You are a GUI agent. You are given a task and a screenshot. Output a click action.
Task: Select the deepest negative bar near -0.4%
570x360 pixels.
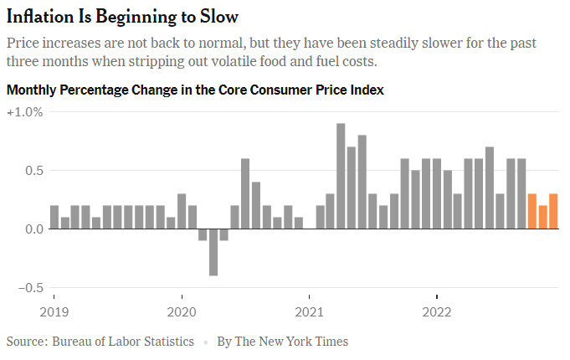coord(213,252)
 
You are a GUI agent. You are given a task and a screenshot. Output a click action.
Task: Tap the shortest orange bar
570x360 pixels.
coord(542,218)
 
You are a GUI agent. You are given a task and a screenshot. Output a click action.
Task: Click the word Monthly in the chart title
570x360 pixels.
coord(31,90)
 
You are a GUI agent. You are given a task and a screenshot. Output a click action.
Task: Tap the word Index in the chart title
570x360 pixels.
coord(367,90)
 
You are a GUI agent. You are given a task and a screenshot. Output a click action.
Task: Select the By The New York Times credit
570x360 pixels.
coord(282,342)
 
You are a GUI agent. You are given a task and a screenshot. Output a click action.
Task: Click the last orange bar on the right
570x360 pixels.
coord(553,212)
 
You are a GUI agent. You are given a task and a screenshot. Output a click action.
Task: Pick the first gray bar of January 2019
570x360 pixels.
coord(54,218)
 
